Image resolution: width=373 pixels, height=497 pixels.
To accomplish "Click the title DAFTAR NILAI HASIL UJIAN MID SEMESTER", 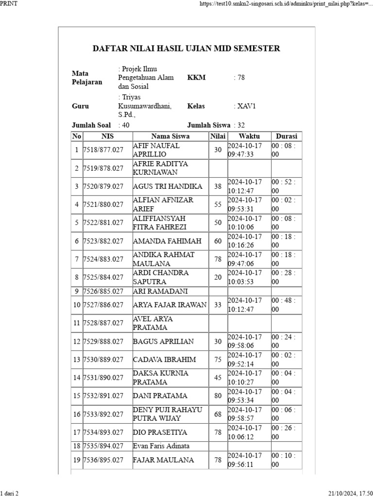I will pyautogui.click(x=186, y=49).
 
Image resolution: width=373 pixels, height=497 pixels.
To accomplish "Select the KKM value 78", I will pyautogui.click(x=240, y=78).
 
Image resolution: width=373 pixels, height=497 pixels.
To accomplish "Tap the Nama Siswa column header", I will pyautogui.click(x=170, y=136).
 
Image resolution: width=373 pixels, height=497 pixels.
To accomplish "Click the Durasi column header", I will pyautogui.click(x=287, y=136).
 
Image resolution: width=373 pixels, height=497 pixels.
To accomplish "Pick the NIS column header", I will pyautogui.click(x=107, y=136).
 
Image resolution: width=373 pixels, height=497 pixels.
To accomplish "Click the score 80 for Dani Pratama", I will pyautogui.click(x=218, y=396).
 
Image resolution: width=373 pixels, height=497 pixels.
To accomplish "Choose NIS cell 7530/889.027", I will pyautogui.click(x=103, y=360).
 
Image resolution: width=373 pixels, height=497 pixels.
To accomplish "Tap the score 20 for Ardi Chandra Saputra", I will pyautogui.click(x=218, y=277).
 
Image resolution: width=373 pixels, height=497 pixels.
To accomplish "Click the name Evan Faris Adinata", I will pyautogui.click(x=161, y=446).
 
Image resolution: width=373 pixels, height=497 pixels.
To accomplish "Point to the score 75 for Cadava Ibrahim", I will pyautogui.click(x=218, y=360).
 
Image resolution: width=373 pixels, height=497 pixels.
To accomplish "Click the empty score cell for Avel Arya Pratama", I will pyautogui.click(x=218, y=323).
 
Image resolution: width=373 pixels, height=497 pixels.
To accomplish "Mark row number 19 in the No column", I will pyautogui.click(x=77, y=460).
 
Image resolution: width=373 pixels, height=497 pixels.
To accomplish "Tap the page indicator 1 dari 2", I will pyautogui.click(x=9, y=493).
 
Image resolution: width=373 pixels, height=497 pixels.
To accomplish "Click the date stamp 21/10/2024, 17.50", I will pyautogui.click(x=350, y=493).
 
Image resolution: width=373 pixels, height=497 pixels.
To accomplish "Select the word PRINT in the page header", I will pyautogui.click(x=9, y=4).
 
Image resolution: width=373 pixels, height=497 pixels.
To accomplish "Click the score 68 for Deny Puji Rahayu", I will pyautogui.click(x=218, y=414).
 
